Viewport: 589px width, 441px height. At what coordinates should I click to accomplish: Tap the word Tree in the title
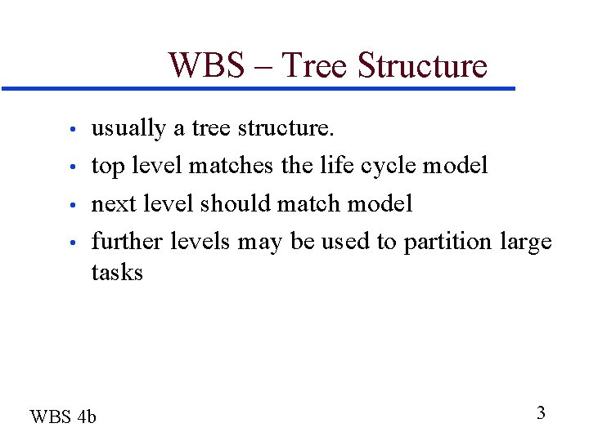click(314, 65)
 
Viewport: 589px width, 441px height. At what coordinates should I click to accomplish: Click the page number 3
click(541, 413)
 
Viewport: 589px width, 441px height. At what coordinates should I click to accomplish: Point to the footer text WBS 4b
click(63, 417)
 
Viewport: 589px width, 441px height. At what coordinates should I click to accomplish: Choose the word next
click(115, 203)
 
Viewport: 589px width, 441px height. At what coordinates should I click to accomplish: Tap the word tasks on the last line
click(117, 272)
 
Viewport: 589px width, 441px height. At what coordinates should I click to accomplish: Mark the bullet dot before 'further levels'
click(73, 243)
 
